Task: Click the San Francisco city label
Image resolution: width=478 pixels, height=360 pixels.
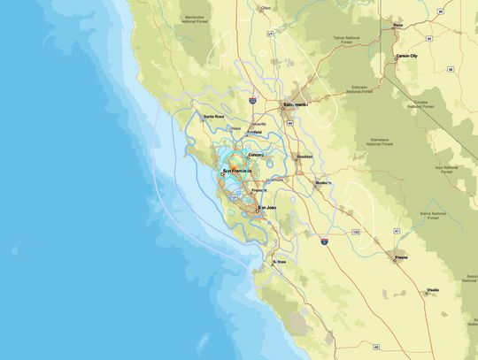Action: pyautogui.click(x=238, y=170)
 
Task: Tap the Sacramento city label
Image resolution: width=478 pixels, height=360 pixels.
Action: pyautogui.click(x=297, y=104)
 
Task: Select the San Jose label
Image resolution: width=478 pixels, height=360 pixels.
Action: pyautogui.click(x=267, y=208)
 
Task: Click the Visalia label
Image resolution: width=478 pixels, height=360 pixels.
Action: pyautogui.click(x=433, y=290)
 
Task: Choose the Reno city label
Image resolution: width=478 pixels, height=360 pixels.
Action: pyautogui.click(x=398, y=26)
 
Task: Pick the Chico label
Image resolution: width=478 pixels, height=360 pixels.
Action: pyautogui.click(x=265, y=9)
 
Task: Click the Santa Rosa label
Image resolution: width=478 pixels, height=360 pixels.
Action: pyautogui.click(x=214, y=117)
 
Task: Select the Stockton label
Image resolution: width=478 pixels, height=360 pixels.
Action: pyautogui.click(x=305, y=157)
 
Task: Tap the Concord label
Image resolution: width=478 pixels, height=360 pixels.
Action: pyautogui.click(x=256, y=155)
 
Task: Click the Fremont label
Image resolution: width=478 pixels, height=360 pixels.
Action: pyautogui.click(x=259, y=190)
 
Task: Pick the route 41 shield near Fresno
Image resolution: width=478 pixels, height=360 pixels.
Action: pyautogui.click(x=397, y=231)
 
